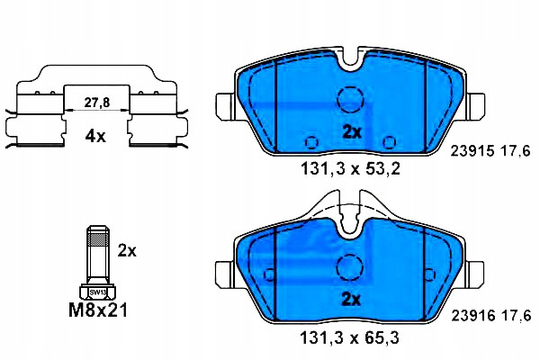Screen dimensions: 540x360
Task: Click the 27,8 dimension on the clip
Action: (x=97, y=103)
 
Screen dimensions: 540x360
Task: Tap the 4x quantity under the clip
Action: (x=95, y=137)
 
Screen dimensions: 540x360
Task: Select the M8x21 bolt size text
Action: (x=98, y=310)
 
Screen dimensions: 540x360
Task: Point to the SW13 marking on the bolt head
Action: (x=98, y=292)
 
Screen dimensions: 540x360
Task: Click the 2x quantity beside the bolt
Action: (x=127, y=250)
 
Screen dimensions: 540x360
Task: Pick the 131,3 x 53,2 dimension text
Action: (x=351, y=169)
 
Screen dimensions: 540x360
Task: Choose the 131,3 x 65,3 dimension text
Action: (x=350, y=338)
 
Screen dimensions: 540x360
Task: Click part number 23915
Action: (x=472, y=151)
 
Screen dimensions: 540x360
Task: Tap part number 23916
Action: (x=473, y=316)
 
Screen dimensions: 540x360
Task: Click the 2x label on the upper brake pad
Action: (x=352, y=132)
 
